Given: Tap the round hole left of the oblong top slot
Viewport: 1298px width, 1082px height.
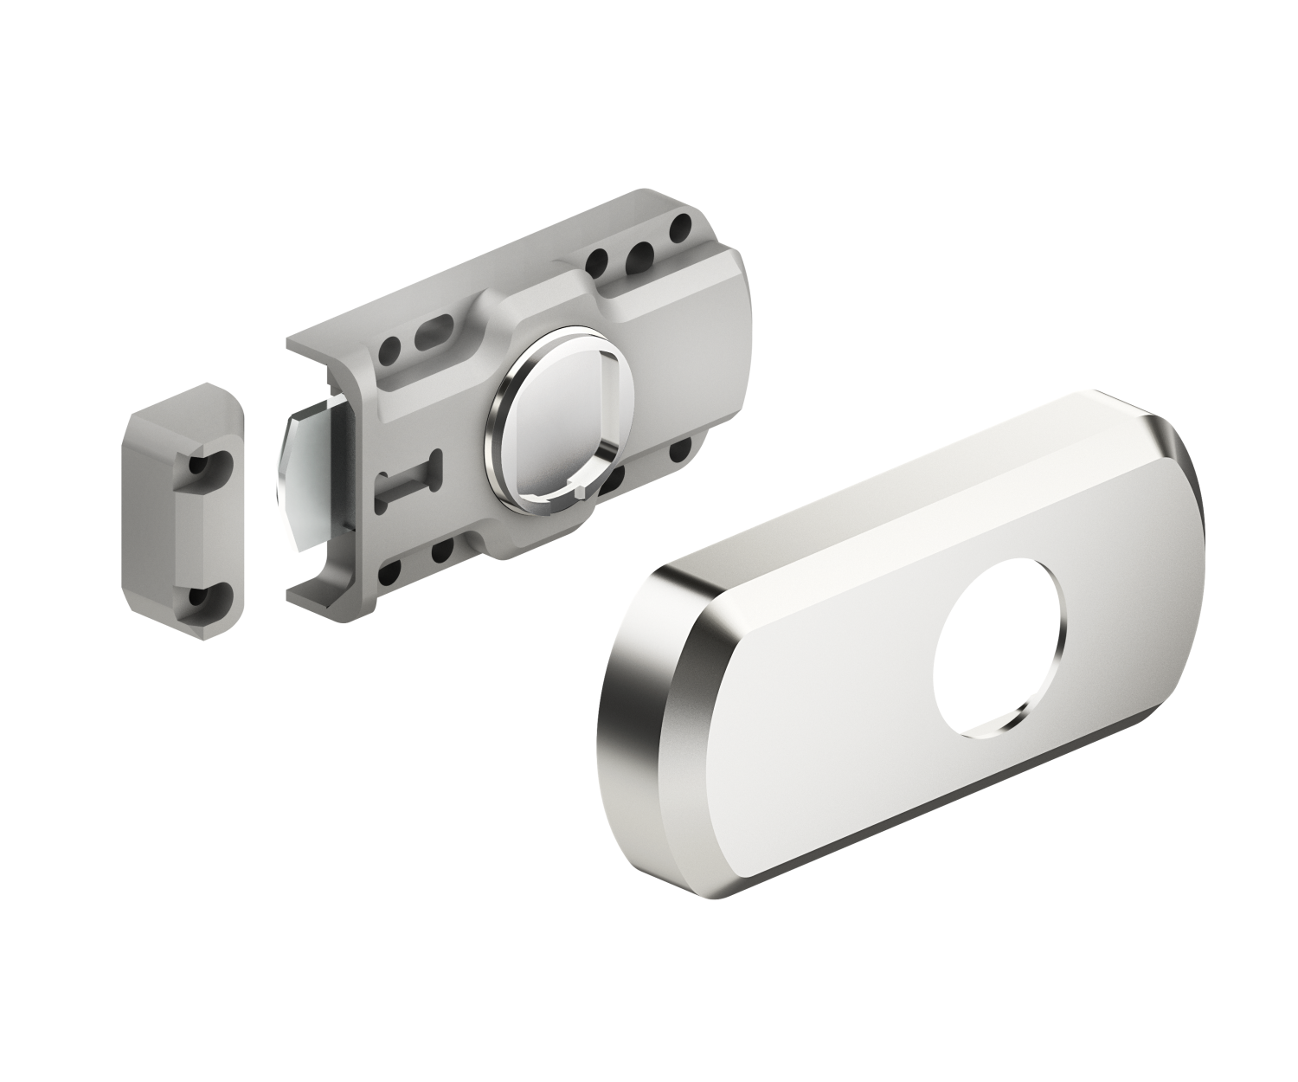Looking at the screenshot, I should click(x=391, y=351).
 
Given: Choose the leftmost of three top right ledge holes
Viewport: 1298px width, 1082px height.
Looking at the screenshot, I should click(x=596, y=261).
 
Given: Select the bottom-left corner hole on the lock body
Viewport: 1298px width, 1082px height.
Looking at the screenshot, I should click(x=390, y=571).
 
